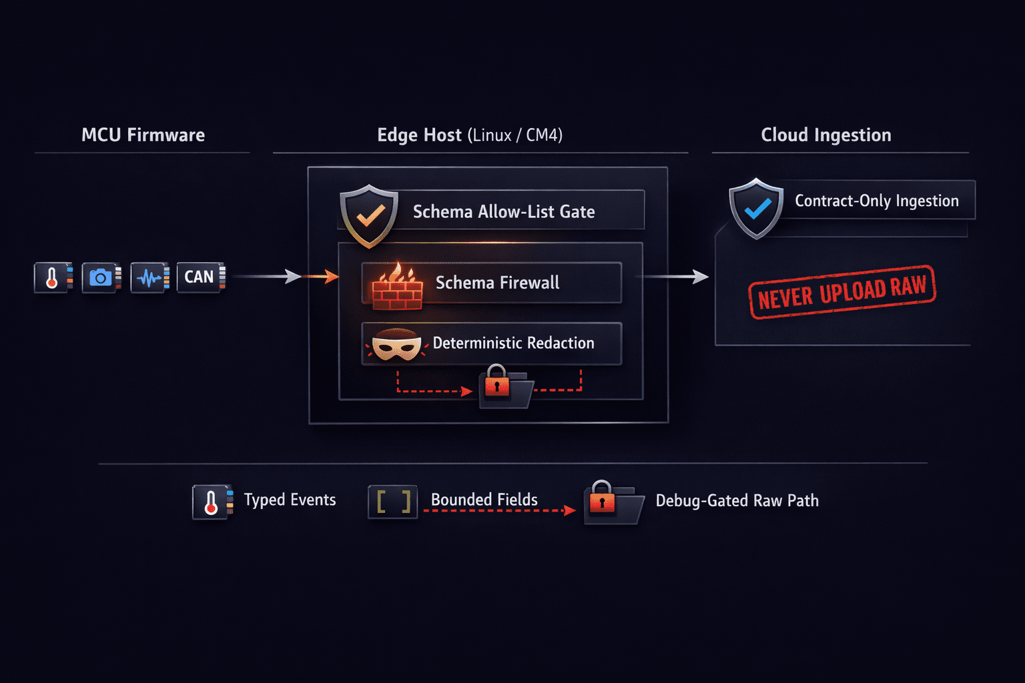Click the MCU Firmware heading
pos(143,135)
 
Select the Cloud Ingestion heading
pos(826,135)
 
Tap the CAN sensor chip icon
pos(201,277)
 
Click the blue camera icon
pos(101,277)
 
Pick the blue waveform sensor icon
pos(149,277)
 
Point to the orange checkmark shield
pos(369,215)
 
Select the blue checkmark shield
pos(756,209)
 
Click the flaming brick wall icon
pos(397,286)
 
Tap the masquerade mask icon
pos(396,344)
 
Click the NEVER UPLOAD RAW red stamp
pos(842,292)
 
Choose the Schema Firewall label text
pos(497,283)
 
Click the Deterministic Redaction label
pos(513,343)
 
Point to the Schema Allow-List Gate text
pos(504,212)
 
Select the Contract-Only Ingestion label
pos(877,201)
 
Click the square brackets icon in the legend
pos(393,502)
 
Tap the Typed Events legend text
pos(290,500)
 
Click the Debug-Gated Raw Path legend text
pos(737,500)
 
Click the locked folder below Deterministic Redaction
pos(505,386)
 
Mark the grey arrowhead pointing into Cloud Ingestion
pos(701,276)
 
